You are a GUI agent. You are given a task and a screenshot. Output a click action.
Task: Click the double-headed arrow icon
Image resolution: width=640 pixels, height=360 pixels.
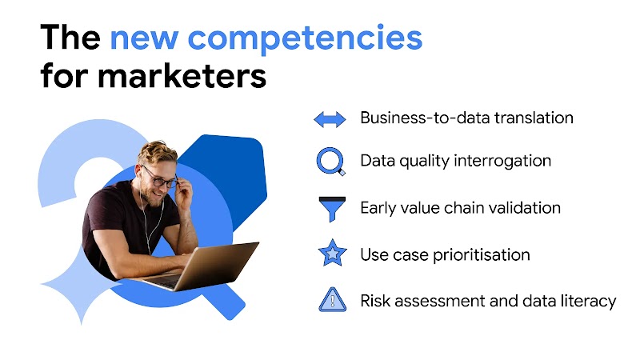pos(330,119)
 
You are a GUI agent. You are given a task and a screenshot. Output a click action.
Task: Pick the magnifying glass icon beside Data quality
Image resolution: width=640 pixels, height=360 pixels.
pos(330,162)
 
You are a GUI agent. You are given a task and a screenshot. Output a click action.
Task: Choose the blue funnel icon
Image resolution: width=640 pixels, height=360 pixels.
pos(330,209)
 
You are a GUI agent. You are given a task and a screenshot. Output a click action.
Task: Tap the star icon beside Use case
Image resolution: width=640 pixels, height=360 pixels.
pos(330,255)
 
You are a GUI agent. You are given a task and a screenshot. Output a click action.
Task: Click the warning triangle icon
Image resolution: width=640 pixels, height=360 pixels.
pos(330,302)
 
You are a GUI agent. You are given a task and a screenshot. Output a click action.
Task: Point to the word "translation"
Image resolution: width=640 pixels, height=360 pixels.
pos(534,118)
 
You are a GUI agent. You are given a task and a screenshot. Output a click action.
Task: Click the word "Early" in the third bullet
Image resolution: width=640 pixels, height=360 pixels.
pos(378,208)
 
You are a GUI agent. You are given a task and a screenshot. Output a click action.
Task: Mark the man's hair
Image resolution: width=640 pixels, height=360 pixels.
pos(157,152)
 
